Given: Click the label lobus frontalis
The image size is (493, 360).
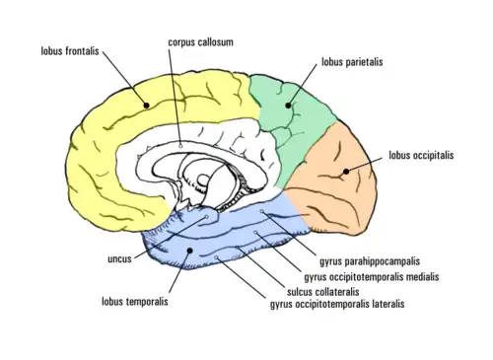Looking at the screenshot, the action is pos(70,51).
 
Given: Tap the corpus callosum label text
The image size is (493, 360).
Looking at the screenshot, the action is pos(200,42).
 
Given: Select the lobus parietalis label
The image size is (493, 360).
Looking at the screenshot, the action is pos(352,62).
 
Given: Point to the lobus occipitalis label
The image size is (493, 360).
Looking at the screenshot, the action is pos(421,155).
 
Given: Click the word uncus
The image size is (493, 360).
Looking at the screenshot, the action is pos(119,259).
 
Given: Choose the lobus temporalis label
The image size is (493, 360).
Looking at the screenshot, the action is pos(135,302).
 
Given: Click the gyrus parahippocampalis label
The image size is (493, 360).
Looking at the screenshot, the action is pos(370,261).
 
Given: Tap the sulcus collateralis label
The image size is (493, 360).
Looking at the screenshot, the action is pos(323,292).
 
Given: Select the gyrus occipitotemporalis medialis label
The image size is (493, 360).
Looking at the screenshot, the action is pos(372,277).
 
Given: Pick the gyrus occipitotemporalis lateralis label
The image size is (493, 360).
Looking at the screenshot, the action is pos(337,304).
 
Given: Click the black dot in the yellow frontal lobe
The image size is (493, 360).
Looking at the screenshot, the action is pos(147,106).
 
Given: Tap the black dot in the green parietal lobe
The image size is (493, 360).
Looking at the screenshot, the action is pos(288,106).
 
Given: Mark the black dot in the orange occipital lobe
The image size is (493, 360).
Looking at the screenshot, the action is pos(346,172).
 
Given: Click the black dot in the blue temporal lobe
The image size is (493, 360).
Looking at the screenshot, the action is pos(189,251).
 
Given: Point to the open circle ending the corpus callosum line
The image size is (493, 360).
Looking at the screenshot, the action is pos(180,145).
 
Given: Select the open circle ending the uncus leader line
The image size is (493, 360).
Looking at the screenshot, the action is pos(207,217).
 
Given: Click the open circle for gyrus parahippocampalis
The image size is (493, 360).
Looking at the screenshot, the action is pos(262,211).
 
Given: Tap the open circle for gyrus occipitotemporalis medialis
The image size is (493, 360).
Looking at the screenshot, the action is pos(255,233).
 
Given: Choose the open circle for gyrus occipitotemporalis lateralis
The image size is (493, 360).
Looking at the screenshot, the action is pos(216,257).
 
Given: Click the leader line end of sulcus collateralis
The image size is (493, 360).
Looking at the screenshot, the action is pos(237,247).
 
